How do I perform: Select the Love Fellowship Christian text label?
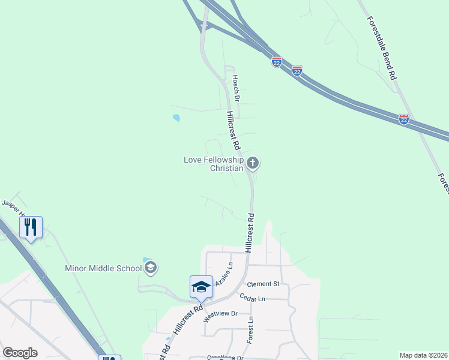[x=214, y=164]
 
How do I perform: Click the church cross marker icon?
[x=253, y=163]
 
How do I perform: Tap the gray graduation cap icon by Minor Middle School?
[x=151, y=268]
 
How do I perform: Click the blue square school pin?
[x=201, y=286]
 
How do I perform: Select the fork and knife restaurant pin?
[x=31, y=227]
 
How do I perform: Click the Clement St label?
[x=264, y=284]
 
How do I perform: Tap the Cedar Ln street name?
[x=252, y=298]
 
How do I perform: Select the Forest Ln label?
[x=249, y=329]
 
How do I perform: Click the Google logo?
[x=20, y=353]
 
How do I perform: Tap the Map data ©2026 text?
[x=423, y=355]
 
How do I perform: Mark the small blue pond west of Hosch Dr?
[x=176, y=118]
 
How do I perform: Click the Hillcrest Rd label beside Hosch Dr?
[x=233, y=130]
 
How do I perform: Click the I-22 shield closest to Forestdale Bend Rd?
[x=403, y=119]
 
